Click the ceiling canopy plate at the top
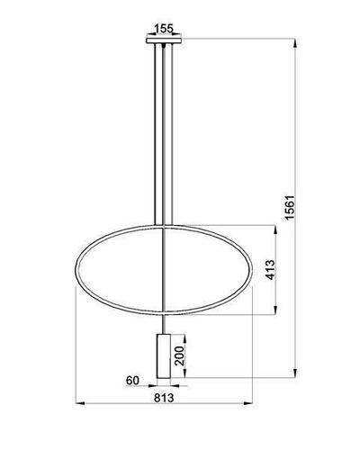[x=163, y=40]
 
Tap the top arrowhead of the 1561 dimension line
[x=294, y=41]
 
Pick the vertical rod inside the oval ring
[x=163, y=270]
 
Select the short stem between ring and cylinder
[x=163, y=322]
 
